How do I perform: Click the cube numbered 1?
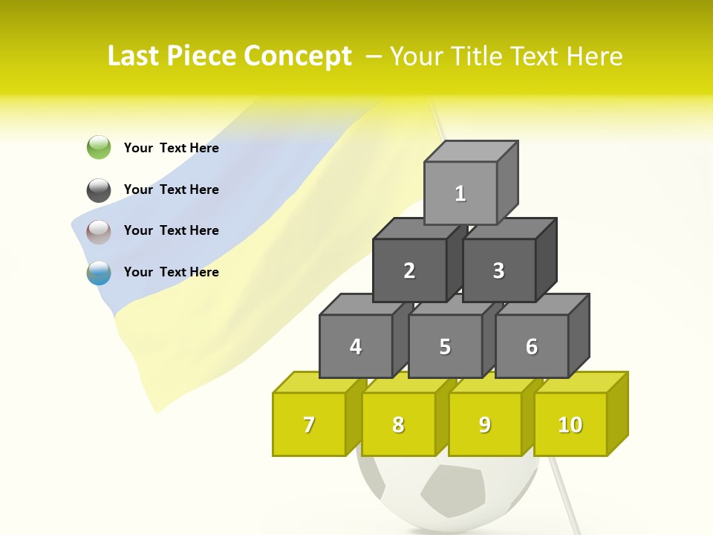(460, 193)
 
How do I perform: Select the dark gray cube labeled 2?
(409, 270)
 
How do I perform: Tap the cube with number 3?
(498, 270)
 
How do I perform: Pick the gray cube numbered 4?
(356, 346)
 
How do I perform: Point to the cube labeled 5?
(445, 346)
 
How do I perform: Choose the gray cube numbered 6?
(532, 346)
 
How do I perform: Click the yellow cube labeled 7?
(309, 424)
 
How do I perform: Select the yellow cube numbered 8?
(398, 424)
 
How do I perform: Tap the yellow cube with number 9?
(484, 424)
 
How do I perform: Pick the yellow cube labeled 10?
(570, 424)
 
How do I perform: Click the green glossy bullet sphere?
(99, 148)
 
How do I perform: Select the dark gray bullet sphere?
(99, 190)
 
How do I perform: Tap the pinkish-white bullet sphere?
(99, 232)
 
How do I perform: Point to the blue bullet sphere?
(99, 273)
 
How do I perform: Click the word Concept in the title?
(298, 56)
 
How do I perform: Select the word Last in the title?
(135, 56)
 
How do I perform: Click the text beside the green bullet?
(172, 148)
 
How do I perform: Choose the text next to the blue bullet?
(172, 272)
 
